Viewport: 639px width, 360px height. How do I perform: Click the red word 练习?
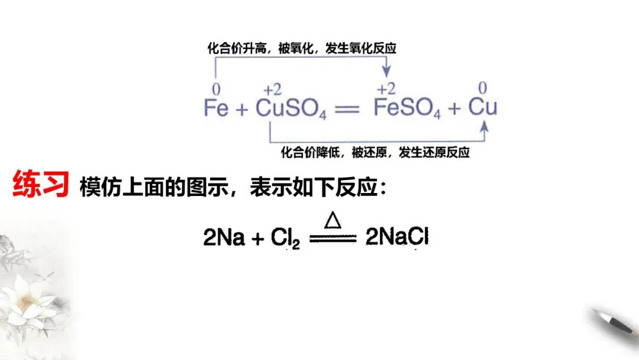coord(40,184)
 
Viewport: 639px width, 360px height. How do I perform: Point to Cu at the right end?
coord(483,108)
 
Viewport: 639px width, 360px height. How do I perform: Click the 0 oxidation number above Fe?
coord(215,89)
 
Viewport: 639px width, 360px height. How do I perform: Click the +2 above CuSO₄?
coord(272,89)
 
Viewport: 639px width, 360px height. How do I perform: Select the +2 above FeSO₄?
coord(386,89)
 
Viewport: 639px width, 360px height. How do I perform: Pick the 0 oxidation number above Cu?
coord(483,88)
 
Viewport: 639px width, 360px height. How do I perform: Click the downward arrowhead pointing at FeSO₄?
coord(386,72)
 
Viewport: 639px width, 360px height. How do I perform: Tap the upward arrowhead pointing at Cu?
coord(485,126)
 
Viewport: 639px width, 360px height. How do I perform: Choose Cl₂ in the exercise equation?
coord(286,239)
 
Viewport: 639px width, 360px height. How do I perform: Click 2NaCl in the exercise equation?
coord(397,238)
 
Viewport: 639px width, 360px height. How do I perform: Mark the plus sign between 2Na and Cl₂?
coord(258,239)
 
